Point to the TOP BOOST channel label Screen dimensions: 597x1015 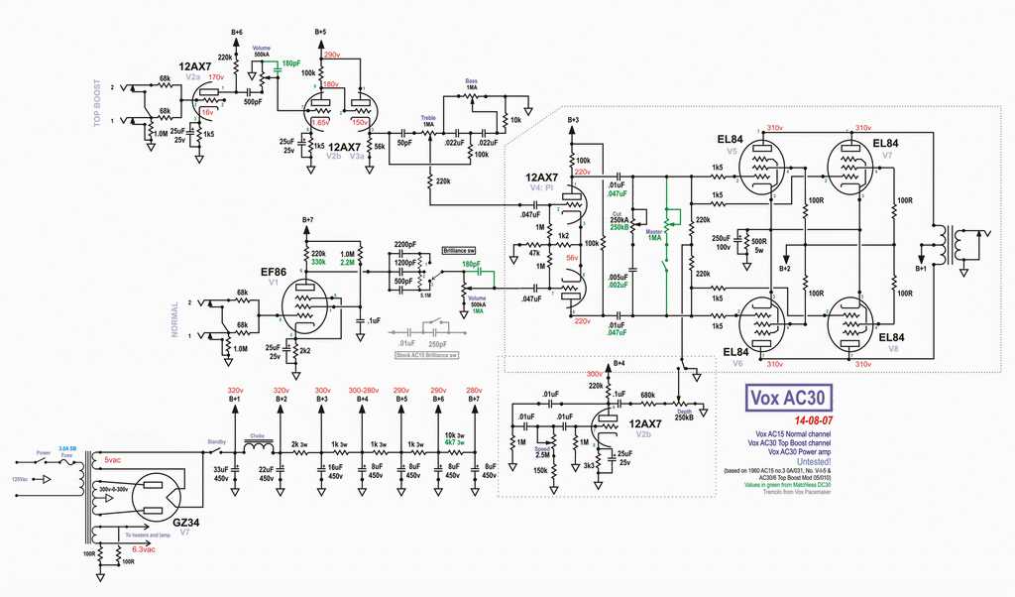click(97, 104)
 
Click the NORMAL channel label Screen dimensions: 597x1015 click(175, 319)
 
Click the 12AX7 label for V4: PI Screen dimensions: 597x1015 click(543, 176)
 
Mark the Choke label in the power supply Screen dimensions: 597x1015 click(256, 433)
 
